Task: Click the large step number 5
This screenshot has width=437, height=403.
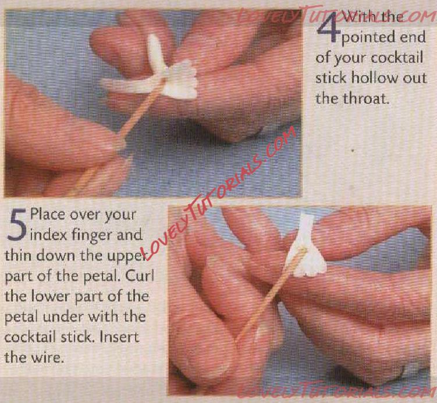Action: [x=17, y=225]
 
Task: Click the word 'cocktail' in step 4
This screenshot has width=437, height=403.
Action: [x=397, y=58]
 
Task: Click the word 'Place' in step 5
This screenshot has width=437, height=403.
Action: [x=48, y=215]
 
